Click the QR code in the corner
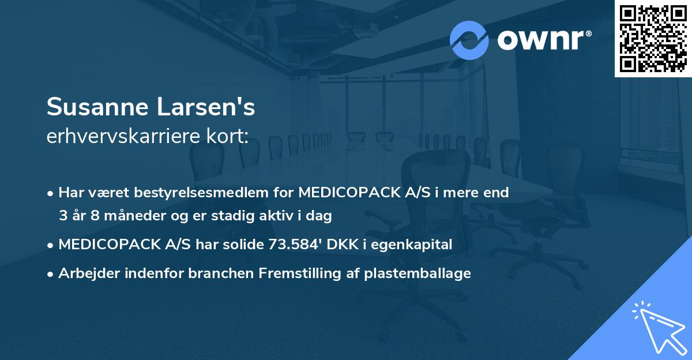click(653, 38)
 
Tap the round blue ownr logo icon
click(469, 40)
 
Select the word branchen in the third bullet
click(213, 273)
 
